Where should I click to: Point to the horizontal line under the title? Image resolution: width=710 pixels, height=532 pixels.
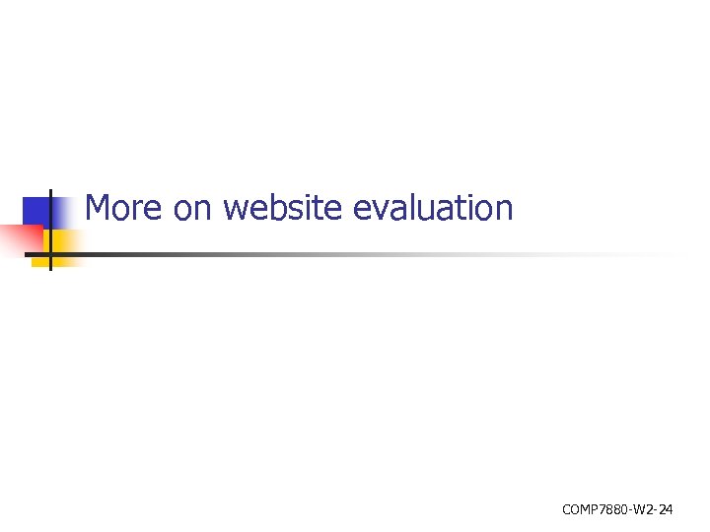296,253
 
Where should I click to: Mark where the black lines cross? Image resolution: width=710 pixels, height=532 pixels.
49,253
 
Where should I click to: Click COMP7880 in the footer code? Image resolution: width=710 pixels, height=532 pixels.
594,509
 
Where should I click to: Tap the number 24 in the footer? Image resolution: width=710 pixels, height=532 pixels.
666,509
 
